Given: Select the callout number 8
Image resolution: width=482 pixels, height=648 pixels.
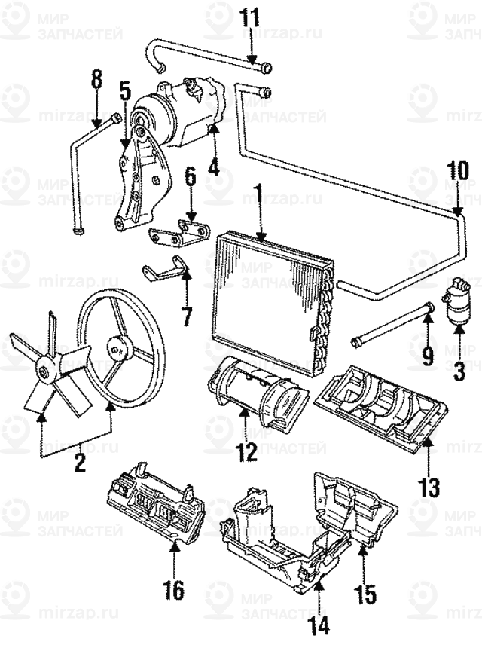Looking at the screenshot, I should coord(96,79).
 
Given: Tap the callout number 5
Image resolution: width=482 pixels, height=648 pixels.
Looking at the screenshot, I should coord(124,93).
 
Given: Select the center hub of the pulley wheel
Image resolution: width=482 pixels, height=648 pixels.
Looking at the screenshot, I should coord(117,347).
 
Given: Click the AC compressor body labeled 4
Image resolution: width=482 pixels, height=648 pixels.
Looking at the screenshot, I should coord(177,113).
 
